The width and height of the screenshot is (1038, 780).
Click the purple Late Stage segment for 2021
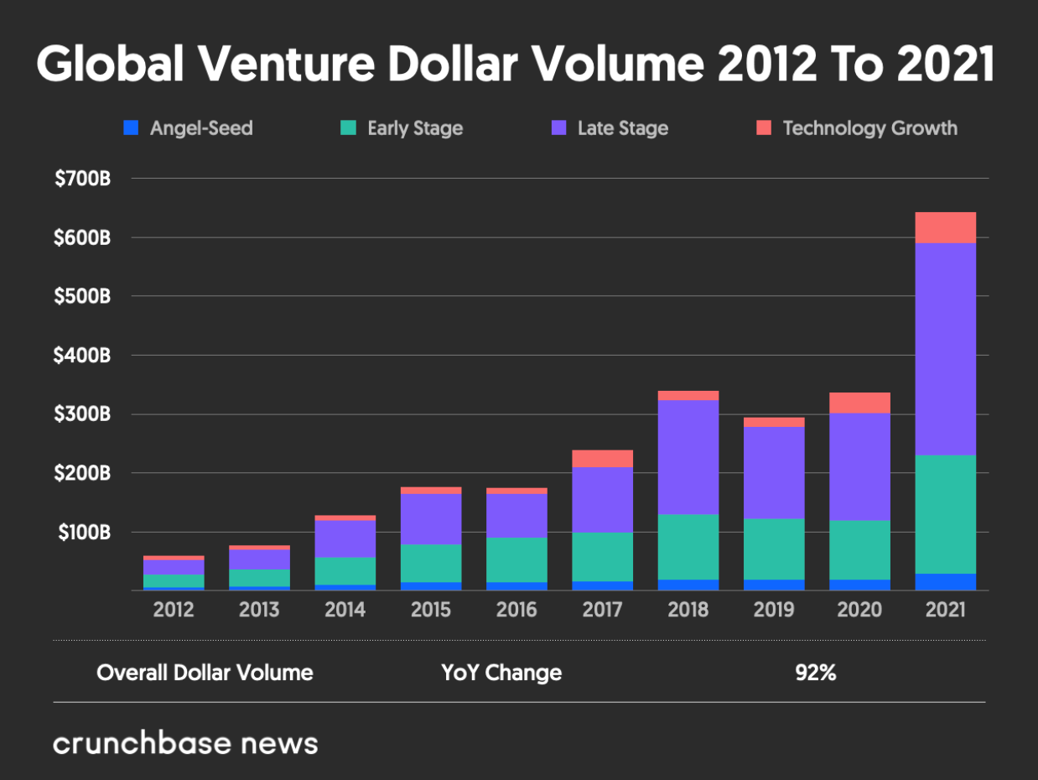(x=945, y=349)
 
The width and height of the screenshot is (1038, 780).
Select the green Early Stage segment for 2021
(x=945, y=515)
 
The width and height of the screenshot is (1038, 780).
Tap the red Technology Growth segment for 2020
(x=859, y=403)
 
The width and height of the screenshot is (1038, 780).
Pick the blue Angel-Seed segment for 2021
(x=945, y=582)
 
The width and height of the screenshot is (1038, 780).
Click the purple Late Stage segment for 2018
(x=688, y=457)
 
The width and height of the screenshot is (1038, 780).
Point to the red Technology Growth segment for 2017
(x=603, y=459)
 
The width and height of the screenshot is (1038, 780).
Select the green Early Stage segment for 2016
(x=516, y=560)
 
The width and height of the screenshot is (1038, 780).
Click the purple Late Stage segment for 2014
(x=345, y=539)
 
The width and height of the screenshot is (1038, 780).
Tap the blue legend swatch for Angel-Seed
(x=131, y=127)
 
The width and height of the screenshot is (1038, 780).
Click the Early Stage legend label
(x=415, y=128)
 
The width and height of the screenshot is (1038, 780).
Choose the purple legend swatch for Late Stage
(x=559, y=127)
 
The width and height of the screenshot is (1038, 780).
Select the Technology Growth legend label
(x=870, y=128)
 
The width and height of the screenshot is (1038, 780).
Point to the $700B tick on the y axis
(x=83, y=179)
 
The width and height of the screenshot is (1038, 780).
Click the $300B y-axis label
(x=82, y=413)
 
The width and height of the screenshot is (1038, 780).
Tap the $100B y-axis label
(x=84, y=532)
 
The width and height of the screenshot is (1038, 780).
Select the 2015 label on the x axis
(x=431, y=610)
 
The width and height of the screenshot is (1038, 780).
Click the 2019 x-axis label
(x=774, y=610)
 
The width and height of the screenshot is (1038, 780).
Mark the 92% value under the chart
(x=816, y=673)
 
